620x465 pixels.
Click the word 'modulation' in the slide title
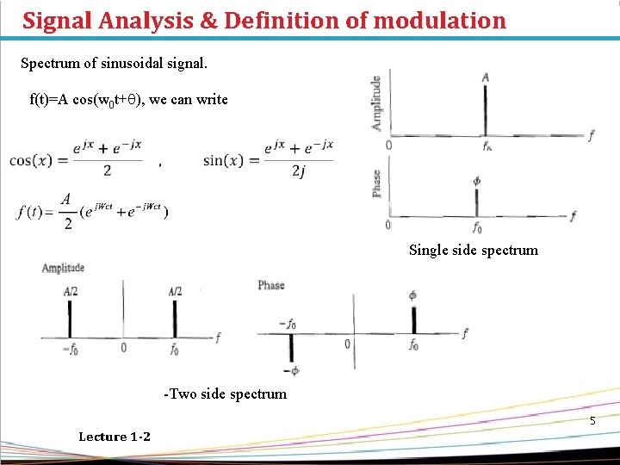tap(439, 20)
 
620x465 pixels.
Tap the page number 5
tap(592, 421)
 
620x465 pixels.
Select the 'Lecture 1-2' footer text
tap(114, 437)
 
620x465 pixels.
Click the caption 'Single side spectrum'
tap(473, 250)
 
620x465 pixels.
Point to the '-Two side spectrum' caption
tap(225, 394)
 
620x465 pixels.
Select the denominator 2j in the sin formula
tap(297, 172)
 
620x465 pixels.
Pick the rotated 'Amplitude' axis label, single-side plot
tap(376, 103)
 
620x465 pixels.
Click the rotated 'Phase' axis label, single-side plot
tap(376, 183)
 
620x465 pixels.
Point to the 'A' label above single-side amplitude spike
tap(486, 77)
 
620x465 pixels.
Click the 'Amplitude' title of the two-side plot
tap(63, 269)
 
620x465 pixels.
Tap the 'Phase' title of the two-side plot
tap(270, 285)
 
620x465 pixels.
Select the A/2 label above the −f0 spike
tap(70, 291)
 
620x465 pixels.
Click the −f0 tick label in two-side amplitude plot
tap(71, 349)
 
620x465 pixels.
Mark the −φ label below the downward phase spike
tap(294, 371)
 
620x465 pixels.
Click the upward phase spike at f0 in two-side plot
tap(414, 319)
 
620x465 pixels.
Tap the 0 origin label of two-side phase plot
tap(347, 344)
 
